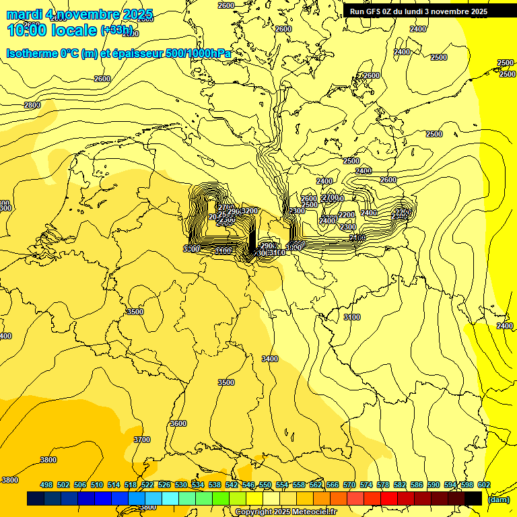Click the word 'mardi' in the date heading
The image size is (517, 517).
coord(24,14)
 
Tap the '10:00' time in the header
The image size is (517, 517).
coord(27,30)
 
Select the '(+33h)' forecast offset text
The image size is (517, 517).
coord(116,30)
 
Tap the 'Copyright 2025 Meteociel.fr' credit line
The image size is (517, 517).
coord(286,512)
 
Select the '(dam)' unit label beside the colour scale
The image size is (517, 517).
coord(497,499)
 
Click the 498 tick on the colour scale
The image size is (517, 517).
coord(46,485)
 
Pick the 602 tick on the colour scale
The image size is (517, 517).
coord(483,485)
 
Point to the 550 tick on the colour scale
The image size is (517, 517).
coord(265,485)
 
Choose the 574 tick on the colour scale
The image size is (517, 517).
coord(366,485)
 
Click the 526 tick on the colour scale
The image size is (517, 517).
coord(164,485)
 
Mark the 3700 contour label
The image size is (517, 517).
coord(142,439)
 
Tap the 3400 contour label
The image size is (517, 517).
coord(270,359)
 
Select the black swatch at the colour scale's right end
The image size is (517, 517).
coord(473,499)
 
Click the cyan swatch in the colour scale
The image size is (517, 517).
coord(170,499)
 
